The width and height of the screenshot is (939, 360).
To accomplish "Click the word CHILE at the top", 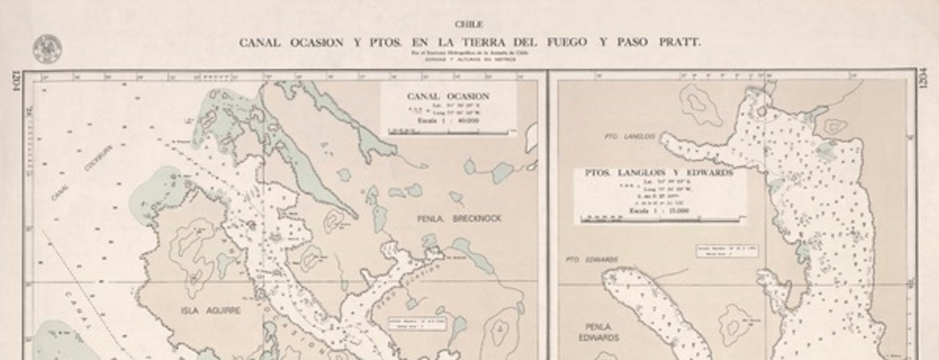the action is pos(469,25).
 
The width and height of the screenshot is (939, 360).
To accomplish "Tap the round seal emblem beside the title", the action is pos(46,49).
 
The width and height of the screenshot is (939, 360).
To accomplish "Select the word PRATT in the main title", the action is pos(675,42).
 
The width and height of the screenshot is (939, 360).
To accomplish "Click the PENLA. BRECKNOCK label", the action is pos(459,218).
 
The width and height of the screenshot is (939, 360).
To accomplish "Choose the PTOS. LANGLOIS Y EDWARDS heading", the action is pos(658,172).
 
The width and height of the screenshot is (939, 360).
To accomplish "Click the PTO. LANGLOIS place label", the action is pos(633,137).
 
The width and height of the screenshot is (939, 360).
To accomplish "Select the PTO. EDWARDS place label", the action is pos(591,259).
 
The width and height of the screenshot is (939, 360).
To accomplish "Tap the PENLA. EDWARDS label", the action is pos(598,332).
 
